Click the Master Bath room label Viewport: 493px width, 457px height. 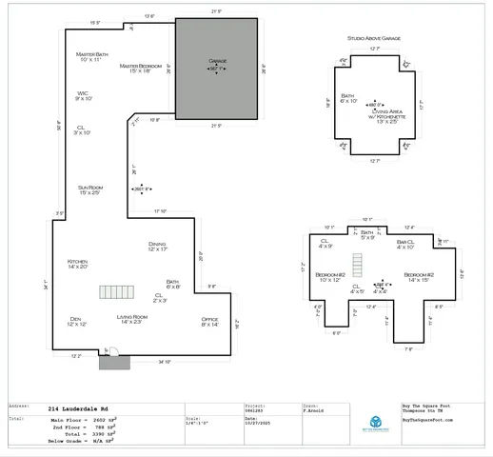point(93,57)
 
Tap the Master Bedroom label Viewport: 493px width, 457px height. point(140,69)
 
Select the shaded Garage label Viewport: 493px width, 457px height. point(216,66)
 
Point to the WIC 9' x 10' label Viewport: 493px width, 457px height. point(84,95)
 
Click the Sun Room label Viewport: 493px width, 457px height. point(89,190)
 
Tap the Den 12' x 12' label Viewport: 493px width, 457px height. point(76,322)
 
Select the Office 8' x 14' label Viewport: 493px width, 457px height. point(209,322)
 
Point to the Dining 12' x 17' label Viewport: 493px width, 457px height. point(157,246)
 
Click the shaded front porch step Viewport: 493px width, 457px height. point(116,362)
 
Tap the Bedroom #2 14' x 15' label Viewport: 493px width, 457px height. point(419,278)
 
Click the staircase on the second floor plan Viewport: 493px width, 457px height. point(363,256)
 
